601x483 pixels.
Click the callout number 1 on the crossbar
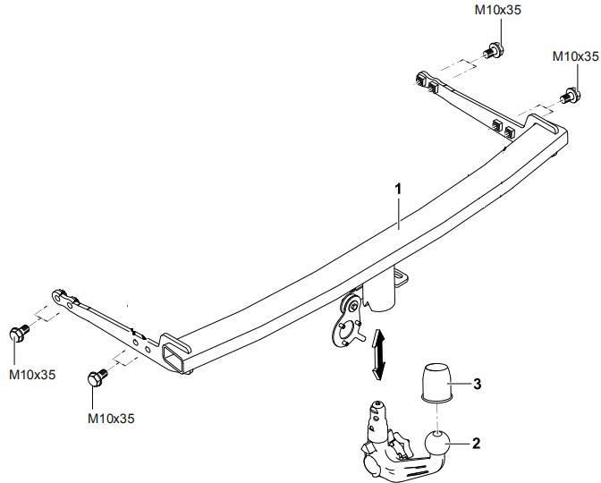tap(399, 190)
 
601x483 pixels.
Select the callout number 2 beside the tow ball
tap(476, 444)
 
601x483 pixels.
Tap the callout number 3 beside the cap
tap(478, 384)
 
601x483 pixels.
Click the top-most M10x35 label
tap(498, 10)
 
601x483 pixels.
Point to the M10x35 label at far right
tap(575, 56)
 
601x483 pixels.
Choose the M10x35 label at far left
tap(32, 375)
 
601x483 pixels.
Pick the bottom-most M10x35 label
tap(111, 419)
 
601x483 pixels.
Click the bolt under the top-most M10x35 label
tap(494, 51)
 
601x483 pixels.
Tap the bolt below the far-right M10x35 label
tap(571, 95)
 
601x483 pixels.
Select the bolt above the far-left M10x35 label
tap(19, 333)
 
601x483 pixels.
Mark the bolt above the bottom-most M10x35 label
tap(97, 377)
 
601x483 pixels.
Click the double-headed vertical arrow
tap(378, 354)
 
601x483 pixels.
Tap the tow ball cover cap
tap(436, 383)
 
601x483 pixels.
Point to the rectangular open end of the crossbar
tap(172, 357)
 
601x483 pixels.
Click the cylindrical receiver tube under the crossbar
tap(379, 292)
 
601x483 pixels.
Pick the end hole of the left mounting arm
tap(57, 296)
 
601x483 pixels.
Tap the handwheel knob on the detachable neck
tap(373, 466)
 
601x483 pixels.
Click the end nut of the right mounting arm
tap(421, 79)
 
